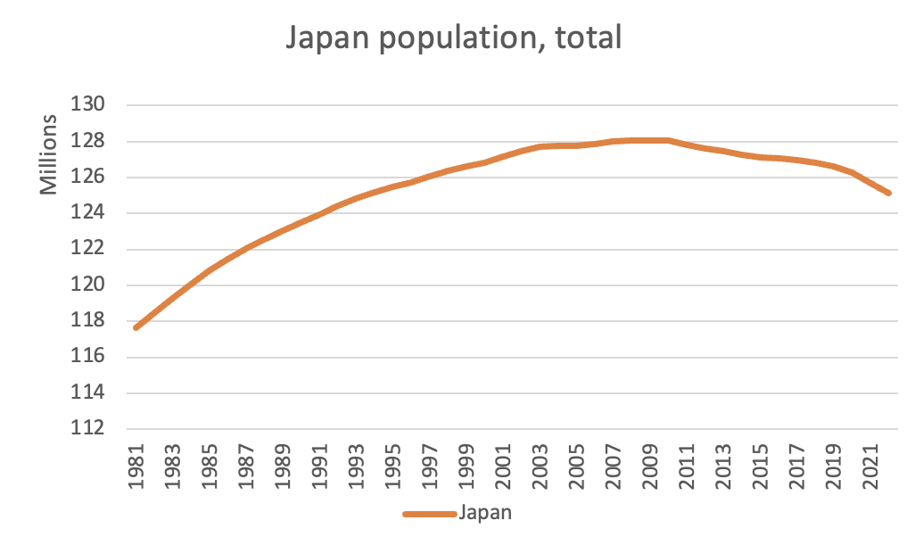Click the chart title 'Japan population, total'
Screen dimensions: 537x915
coord(452,38)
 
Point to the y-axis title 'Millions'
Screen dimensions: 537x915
coord(50,156)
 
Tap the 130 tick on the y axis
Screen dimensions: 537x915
coord(90,105)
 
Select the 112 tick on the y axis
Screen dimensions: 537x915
coord(90,429)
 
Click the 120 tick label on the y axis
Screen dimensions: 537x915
coord(90,285)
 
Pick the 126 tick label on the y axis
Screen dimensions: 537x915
coord(90,178)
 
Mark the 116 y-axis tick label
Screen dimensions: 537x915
coord(90,357)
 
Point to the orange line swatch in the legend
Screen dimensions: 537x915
coord(430,514)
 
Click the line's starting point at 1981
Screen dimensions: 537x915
coord(136,327)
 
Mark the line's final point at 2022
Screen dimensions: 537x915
coord(889,193)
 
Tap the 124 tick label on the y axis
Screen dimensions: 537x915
coord(90,213)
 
